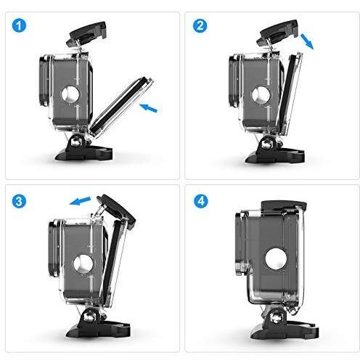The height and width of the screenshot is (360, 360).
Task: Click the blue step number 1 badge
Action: tap(19, 25)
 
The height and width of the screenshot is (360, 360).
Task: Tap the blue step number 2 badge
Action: tap(200, 25)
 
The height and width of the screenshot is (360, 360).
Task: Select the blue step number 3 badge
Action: tap(19, 201)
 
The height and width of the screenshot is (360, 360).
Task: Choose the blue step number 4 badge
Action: tap(201, 201)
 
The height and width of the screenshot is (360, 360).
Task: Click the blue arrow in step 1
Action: tap(148, 107)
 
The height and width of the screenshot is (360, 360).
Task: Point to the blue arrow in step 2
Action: tap(307, 41)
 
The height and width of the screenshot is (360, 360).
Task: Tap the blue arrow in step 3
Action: tap(80, 201)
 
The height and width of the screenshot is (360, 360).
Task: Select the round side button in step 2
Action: tap(261, 94)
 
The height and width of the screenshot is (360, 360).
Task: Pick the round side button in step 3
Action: tap(83, 263)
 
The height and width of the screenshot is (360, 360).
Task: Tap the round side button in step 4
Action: tap(276, 258)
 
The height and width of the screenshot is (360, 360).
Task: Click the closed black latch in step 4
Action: tap(284, 206)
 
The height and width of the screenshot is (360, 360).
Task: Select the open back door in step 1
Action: tap(122, 107)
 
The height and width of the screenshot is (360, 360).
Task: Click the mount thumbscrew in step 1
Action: tap(76, 142)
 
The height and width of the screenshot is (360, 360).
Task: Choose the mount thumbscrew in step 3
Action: tap(89, 316)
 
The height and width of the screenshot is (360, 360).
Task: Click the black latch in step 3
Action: tap(116, 211)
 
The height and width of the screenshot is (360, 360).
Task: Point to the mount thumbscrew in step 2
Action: tap(267, 144)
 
